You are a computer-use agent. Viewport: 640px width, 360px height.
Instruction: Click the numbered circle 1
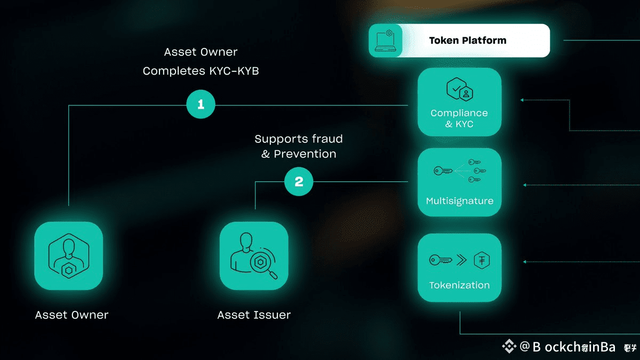[201, 105]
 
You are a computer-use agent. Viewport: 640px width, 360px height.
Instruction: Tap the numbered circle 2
[299, 182]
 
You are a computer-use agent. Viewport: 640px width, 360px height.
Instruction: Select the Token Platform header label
[468, 41]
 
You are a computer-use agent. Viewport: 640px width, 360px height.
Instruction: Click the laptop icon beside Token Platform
[386, 41]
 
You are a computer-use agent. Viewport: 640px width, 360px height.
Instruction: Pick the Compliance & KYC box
[459, 102]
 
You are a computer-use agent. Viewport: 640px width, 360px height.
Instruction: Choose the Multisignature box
[459, 182]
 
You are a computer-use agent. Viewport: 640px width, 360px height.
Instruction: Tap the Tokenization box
[459, 265]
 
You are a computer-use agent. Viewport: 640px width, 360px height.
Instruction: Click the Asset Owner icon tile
[68, 256]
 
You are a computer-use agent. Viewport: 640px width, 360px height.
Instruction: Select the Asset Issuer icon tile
[254, 256]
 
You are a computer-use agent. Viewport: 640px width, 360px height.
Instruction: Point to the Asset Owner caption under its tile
[71, 315]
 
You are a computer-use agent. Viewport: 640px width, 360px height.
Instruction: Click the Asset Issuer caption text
[254, 315]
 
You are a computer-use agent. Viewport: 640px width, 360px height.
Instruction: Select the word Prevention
[305, 154]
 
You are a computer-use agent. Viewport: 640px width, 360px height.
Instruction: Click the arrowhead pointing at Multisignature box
[525, 185]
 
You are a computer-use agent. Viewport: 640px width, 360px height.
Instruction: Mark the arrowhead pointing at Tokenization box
[525, 262]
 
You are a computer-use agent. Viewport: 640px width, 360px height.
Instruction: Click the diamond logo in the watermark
[509, 347]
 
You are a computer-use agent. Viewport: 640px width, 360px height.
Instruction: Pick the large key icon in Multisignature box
[442, 171]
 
